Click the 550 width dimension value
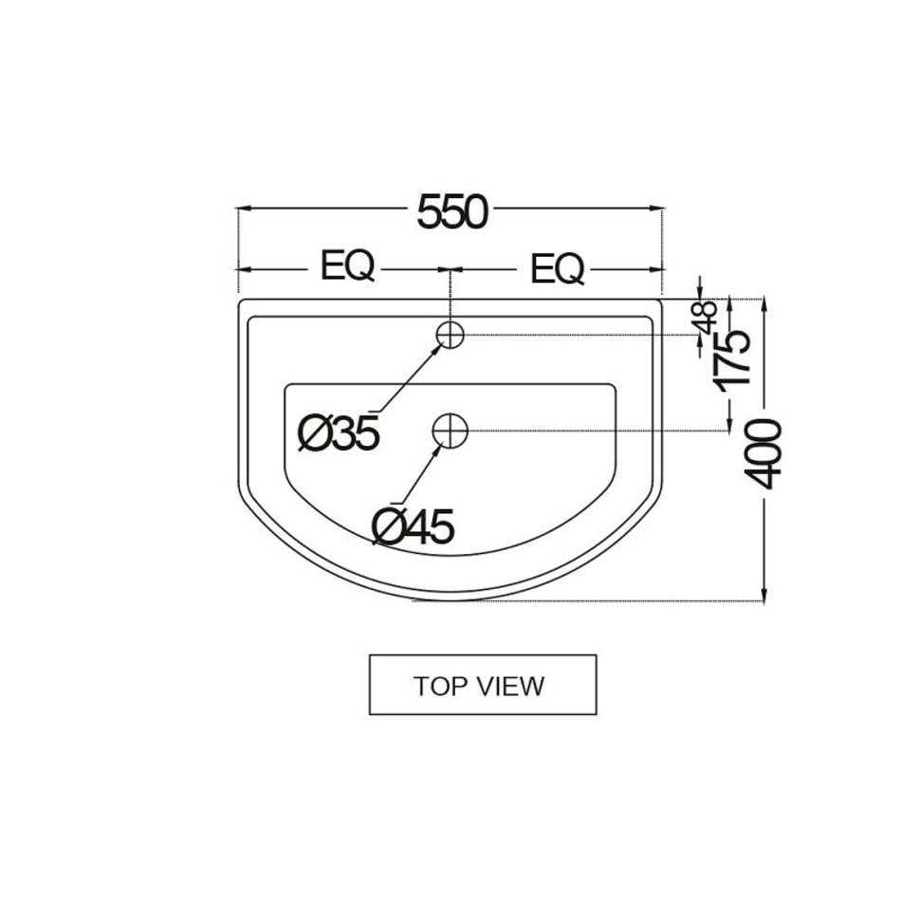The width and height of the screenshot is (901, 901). click(x=452, y=212)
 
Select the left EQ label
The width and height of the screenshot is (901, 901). click(x=348, y=267)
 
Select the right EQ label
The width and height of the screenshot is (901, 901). click(x=557, y=268)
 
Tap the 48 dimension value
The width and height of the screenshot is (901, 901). click(x=708, y=317)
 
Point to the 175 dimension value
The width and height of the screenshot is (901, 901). click(x=732, y=360)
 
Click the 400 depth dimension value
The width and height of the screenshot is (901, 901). click(x=763, y=454)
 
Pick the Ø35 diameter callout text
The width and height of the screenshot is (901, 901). click(x=339, y=432)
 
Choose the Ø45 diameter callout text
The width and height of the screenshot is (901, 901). click(x=414, y=525)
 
